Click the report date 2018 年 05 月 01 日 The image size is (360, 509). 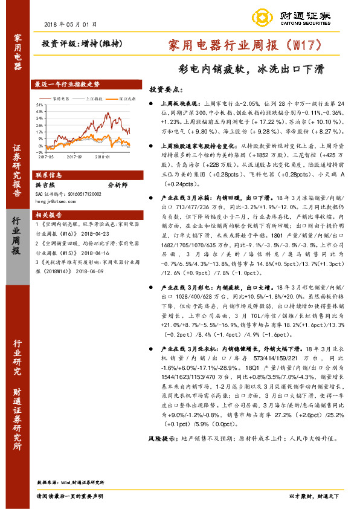(x=71, y=24)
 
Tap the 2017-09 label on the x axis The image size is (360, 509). (x=74, y=156)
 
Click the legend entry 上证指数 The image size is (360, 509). (x=91, y=98)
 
